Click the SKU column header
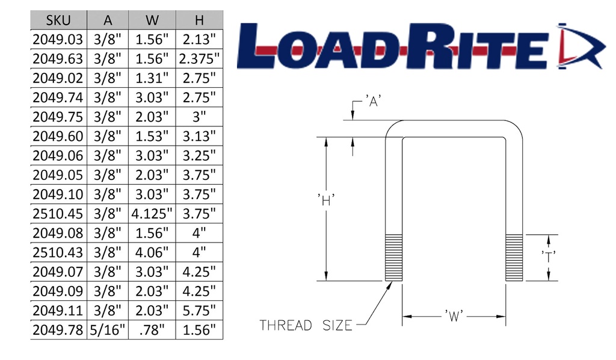coord(58,20)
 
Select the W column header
coord(152,20)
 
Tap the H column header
coord(199,20)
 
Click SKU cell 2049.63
coord(58,58)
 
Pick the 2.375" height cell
coord(199,58)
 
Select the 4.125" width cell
coord(152,214)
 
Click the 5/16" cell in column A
coord(108,330)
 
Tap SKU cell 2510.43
coord(58,252)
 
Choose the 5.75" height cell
coord(199,311)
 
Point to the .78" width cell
coord(152,330)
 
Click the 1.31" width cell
coord(152,78)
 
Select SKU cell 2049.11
coord(58,311)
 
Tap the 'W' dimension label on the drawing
coord(454,316)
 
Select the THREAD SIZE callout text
coord(306,326)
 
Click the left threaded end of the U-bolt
coord(393,258)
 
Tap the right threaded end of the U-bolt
coord(514,258)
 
